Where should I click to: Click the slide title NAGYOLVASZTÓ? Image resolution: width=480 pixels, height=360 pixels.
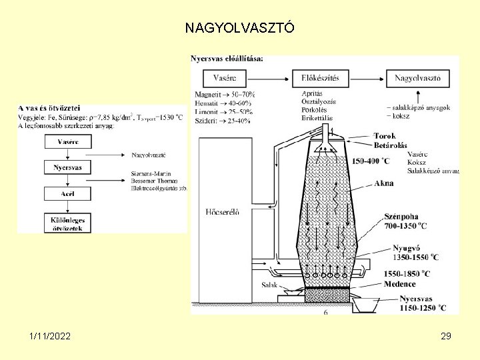238,29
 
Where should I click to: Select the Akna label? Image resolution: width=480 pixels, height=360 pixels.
384,183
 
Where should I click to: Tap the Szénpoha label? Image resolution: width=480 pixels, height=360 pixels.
403,217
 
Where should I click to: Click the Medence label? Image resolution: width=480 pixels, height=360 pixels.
399,283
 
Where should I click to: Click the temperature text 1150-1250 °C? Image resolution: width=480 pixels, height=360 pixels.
419,308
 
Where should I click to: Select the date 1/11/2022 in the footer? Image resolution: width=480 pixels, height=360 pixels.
50,337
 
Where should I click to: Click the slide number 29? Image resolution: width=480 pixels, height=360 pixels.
446,337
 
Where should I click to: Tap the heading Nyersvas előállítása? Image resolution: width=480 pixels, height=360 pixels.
227,59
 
